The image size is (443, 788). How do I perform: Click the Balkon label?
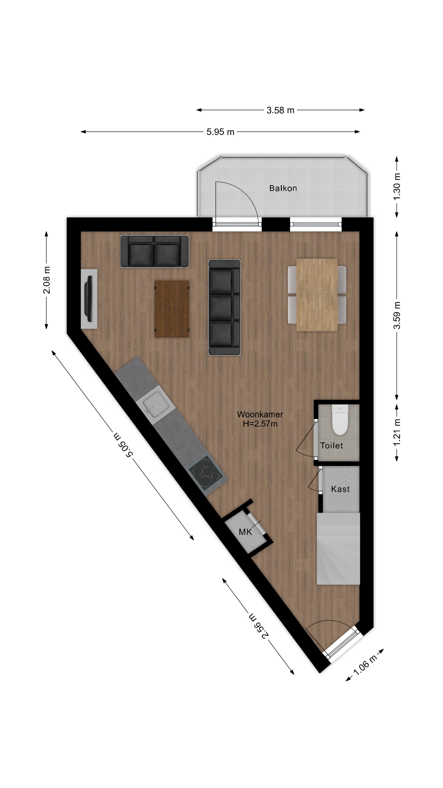tap(283, 188)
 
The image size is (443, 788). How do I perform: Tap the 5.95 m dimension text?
tap(220, 132)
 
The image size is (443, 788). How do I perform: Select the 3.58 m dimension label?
tap(280, 110)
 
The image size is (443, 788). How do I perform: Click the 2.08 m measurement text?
tap(46, 280)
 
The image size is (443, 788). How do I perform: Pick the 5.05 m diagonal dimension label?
tap(123, 445)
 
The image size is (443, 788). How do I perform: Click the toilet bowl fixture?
tap(340, 420)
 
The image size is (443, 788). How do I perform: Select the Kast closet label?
tap(340, 489)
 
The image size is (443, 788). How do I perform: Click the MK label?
tap(245, 532)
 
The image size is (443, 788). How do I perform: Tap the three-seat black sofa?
tap(224, 307)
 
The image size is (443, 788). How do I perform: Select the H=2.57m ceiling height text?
tap(260, 424)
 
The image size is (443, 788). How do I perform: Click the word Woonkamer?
tap(260, 415)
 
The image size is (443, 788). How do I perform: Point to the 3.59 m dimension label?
tap(397, 315)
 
